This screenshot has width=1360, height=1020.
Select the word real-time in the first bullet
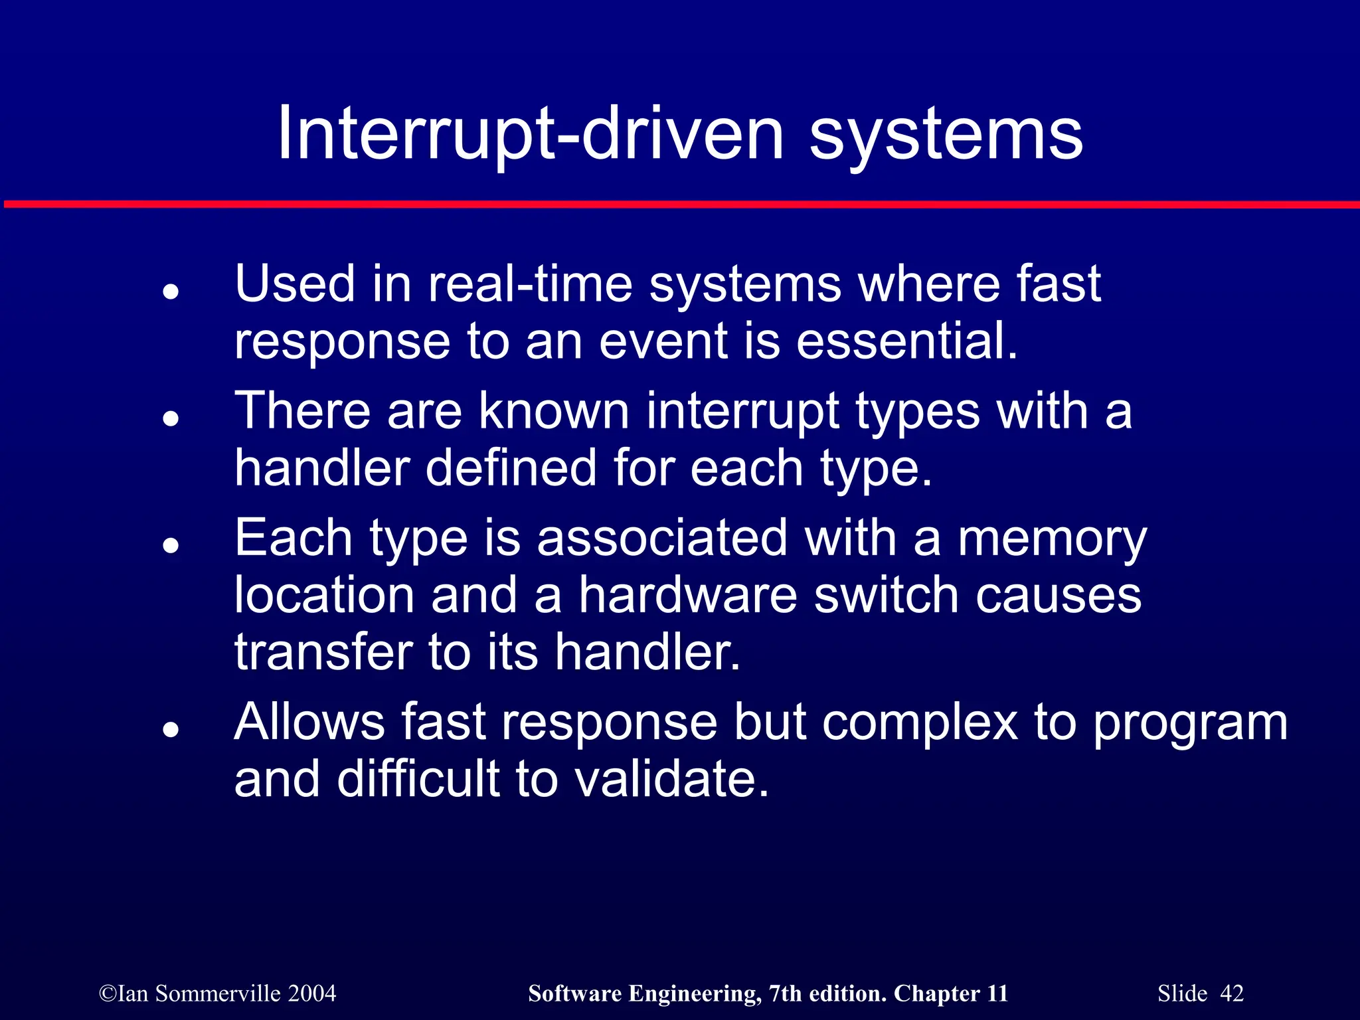point(530,284)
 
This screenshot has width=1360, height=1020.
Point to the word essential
point(906,341)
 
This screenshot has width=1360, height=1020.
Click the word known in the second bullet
point(554,412)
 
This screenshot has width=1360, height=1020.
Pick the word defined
point(511,468)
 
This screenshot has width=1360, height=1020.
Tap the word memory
point(1052,539)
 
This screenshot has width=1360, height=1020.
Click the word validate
point(672,780)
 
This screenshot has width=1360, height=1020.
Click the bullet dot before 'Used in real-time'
point(171,292)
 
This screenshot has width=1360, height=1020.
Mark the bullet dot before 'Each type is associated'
point(171,546)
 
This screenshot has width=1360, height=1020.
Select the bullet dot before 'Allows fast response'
point(171,730)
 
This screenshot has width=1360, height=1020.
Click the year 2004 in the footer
point(312,993)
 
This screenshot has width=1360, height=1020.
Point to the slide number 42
point(1232,993)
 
